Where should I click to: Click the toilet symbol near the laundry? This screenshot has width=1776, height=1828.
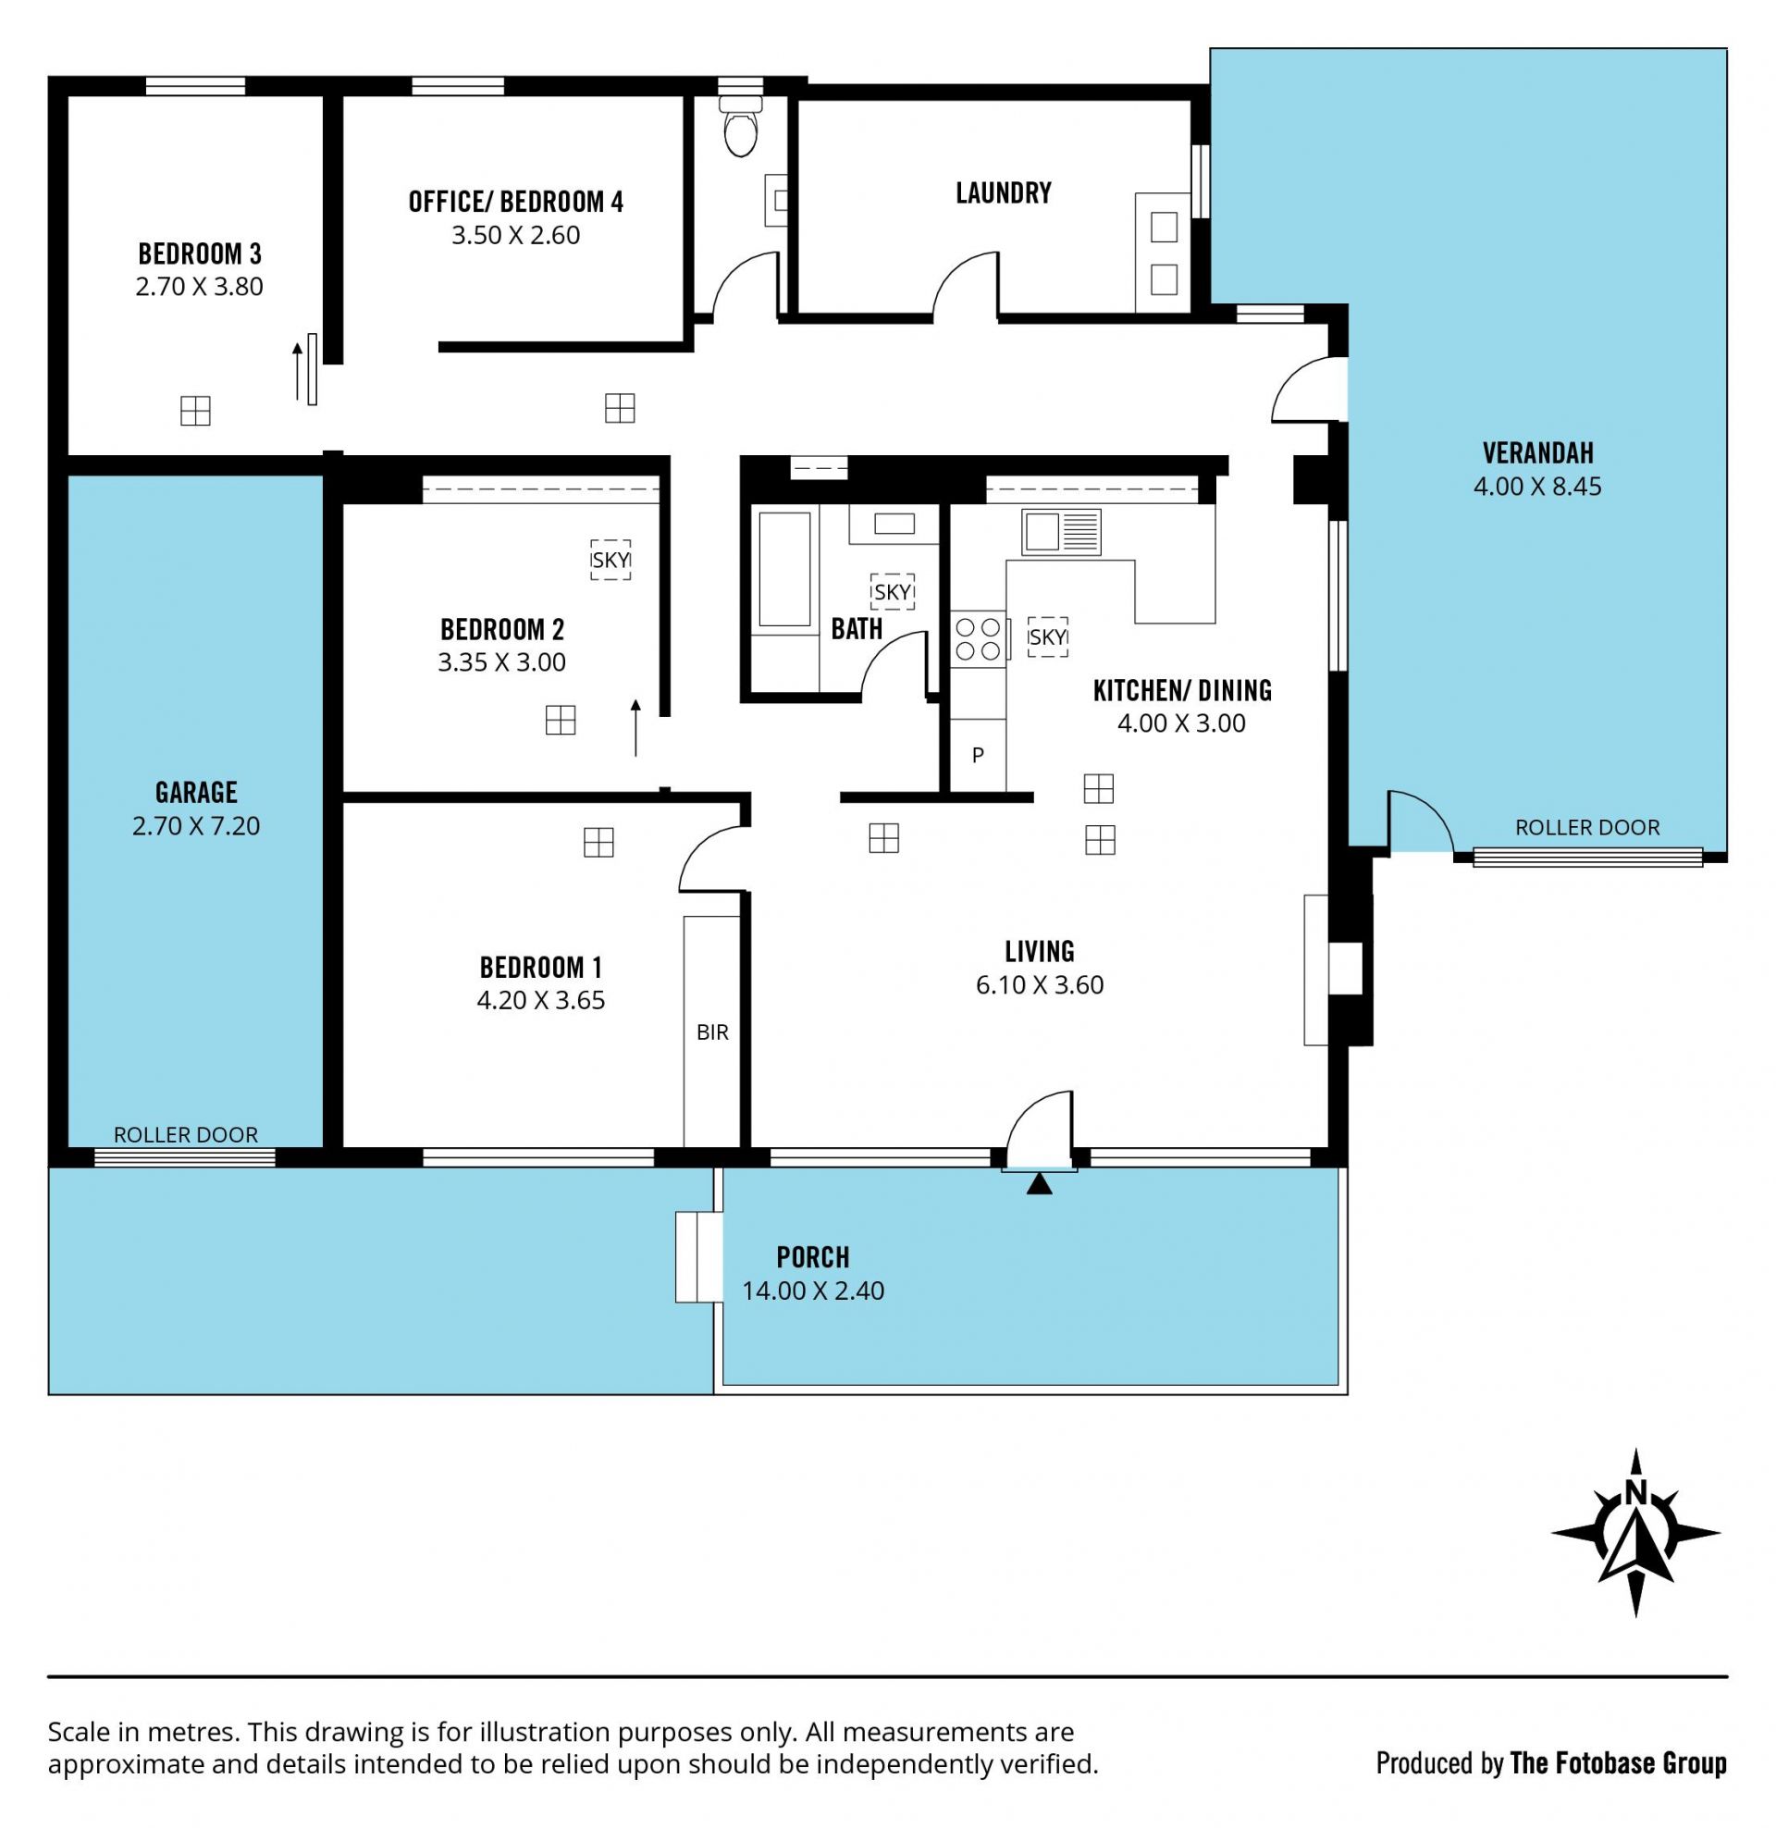pyautogui.click(x=742, y=125)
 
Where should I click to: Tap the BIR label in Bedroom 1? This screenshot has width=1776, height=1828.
pyautogui.click(x=712, y=1032)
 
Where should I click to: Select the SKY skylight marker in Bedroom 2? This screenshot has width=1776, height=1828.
pyautogui.click(x=610, y=561)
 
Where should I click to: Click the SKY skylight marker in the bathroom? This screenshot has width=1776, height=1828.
pyautogui.click(x=892, y=592)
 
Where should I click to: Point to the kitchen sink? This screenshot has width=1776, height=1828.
pyautogui.click(x=1062, y=532)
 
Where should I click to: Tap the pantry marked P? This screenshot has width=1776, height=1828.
pyautogui.click(x=979, y=756)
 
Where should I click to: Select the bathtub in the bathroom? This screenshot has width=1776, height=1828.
pyautogui.click(x=784, y=570)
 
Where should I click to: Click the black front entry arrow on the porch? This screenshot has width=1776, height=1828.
pyautogui.click(x=1040, y=1184)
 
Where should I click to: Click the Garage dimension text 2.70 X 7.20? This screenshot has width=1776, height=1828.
pyautogui.click(x=196, y=826)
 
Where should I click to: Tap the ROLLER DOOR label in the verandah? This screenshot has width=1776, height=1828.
pyautogui.click(x=1587, y=827)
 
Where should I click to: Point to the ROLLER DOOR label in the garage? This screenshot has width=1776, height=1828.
pyautogui.click(x=186, y=1135)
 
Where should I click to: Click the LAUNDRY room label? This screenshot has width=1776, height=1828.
pyautogui.click(x=1004, y=193)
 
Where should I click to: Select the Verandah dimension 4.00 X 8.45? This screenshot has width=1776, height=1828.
pyautogui.click(x=1537, y=487)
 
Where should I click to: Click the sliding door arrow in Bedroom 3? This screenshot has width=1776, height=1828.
pyautogui.click(x=298, y=371)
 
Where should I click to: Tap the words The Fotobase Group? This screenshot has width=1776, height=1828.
pyautogui.click(x=1619, y=1763)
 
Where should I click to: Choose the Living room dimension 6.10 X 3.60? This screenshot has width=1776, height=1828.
pyautogui.click(x=1040, y=985)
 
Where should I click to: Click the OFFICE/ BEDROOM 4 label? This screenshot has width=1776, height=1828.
pyautogui.click(x=516, y=203)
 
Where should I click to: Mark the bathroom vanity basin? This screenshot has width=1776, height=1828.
pyautogui.click(x=894, y=525)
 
